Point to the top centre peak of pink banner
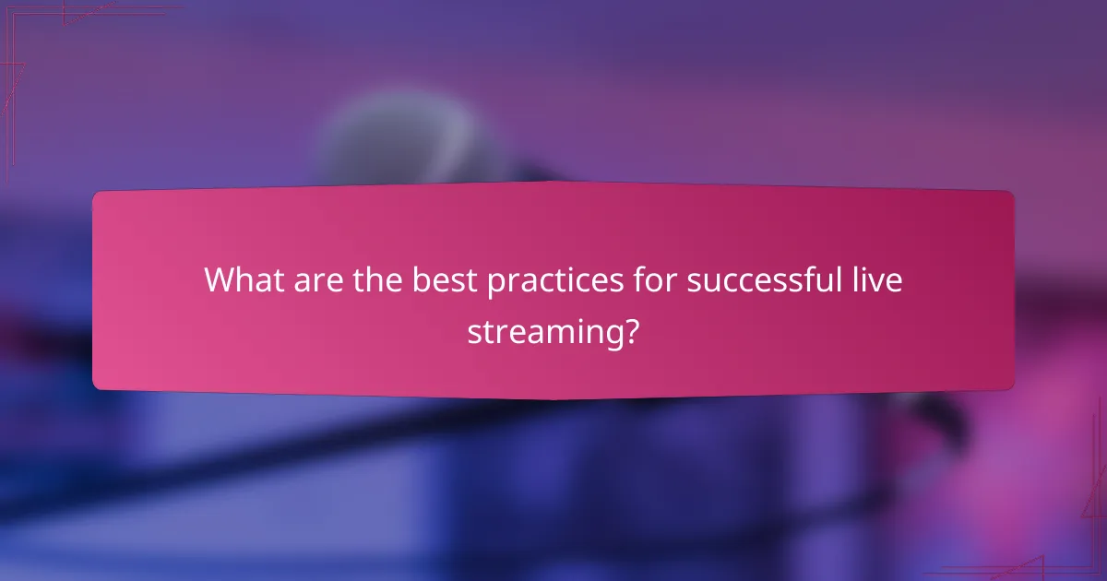[x=553, y=183]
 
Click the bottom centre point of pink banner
[x=553, y=398]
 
